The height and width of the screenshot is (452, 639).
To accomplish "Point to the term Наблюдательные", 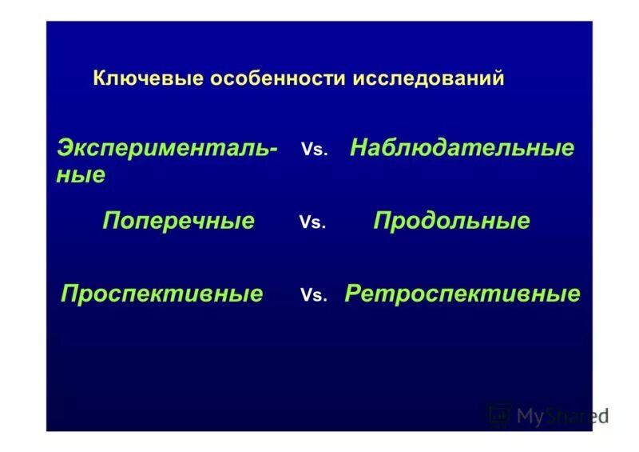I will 462,148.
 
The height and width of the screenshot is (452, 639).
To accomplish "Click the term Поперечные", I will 178,221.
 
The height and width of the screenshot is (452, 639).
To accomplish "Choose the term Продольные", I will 451,221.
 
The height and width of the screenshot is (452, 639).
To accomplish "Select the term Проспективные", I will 161,294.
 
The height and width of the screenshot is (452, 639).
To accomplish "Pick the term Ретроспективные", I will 462,294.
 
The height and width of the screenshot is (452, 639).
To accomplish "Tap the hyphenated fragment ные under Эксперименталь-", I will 80,175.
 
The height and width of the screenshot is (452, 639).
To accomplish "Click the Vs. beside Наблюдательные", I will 315,150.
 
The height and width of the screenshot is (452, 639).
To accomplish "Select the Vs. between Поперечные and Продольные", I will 312,222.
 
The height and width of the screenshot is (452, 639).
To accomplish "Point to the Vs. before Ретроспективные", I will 314,295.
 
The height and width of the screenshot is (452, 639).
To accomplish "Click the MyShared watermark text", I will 562,415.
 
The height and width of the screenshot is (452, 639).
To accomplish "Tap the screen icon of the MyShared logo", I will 499,414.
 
